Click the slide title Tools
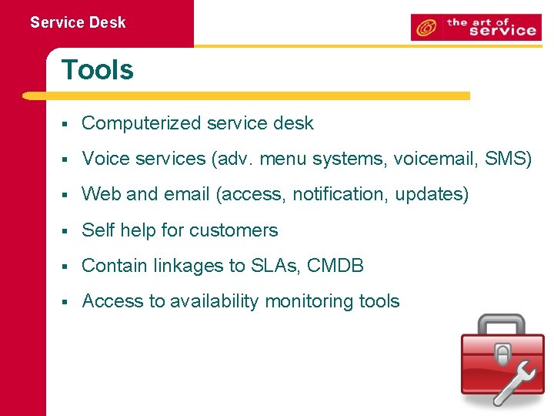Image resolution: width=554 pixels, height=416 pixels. [x=97, y=70]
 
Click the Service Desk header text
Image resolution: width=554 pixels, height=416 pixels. [x=78, y=22]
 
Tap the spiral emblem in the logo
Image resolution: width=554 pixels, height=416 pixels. [x=425, y=29]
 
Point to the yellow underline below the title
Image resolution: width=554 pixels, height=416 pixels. [x=246, y=96]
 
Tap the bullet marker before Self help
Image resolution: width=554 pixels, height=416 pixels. [x=67, y=230]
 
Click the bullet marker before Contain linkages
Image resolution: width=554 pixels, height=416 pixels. [x=67, y=267]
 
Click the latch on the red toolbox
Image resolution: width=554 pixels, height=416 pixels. [x=502, y=355]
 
